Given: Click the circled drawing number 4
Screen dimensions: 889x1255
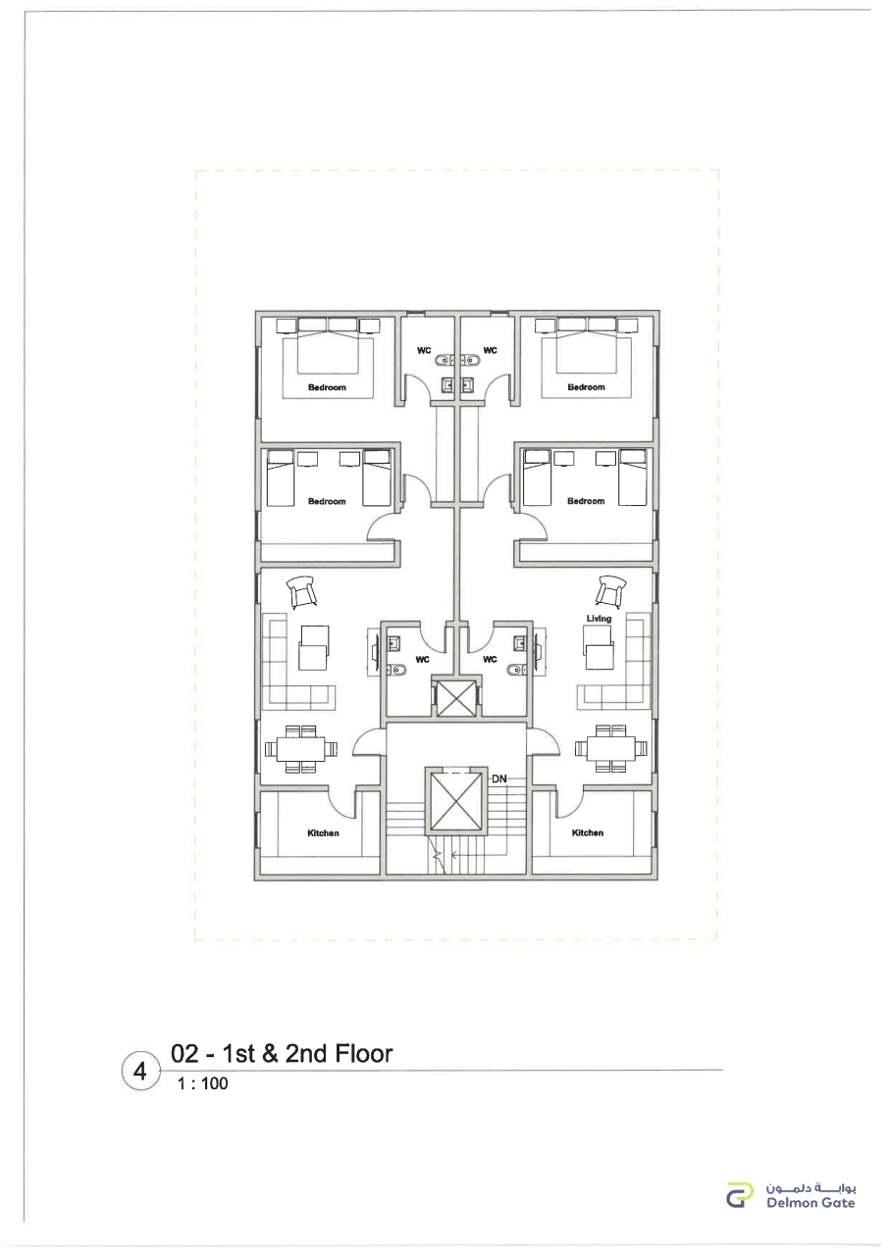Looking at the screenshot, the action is (x=140, y=1072).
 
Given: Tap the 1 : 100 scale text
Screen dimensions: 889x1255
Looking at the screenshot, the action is (x=202, y=1083).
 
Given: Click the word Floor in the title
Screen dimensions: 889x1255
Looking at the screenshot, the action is (x=363, y=1054).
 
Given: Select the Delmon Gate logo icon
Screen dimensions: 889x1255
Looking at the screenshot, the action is (x=740, y=1194).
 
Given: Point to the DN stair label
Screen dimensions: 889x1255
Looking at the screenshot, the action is (x=498, y=778).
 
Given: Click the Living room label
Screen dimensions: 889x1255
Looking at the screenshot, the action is (x=599, y=619).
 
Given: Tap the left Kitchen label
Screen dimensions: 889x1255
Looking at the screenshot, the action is (x=323, y=833).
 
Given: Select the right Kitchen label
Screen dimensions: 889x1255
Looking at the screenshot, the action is (x=588, y=832).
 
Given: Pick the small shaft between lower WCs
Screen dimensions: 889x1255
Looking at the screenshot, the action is (x=455, y=697).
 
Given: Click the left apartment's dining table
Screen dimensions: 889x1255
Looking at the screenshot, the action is (x=301, y=748).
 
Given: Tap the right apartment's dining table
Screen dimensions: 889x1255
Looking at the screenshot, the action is (x=610, y=748).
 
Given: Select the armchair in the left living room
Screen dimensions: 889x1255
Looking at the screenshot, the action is (x=301, y=591).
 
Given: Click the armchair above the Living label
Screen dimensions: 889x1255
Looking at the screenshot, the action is (x=611, y=590).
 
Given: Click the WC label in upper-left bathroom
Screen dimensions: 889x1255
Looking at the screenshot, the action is (x=424, y=351).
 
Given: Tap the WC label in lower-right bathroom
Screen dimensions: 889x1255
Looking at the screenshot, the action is (x=490, y=660).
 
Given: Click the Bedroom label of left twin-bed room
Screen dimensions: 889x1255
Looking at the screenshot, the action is (x=327, y=501).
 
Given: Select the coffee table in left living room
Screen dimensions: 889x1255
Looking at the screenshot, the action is (x=314, y=648).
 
